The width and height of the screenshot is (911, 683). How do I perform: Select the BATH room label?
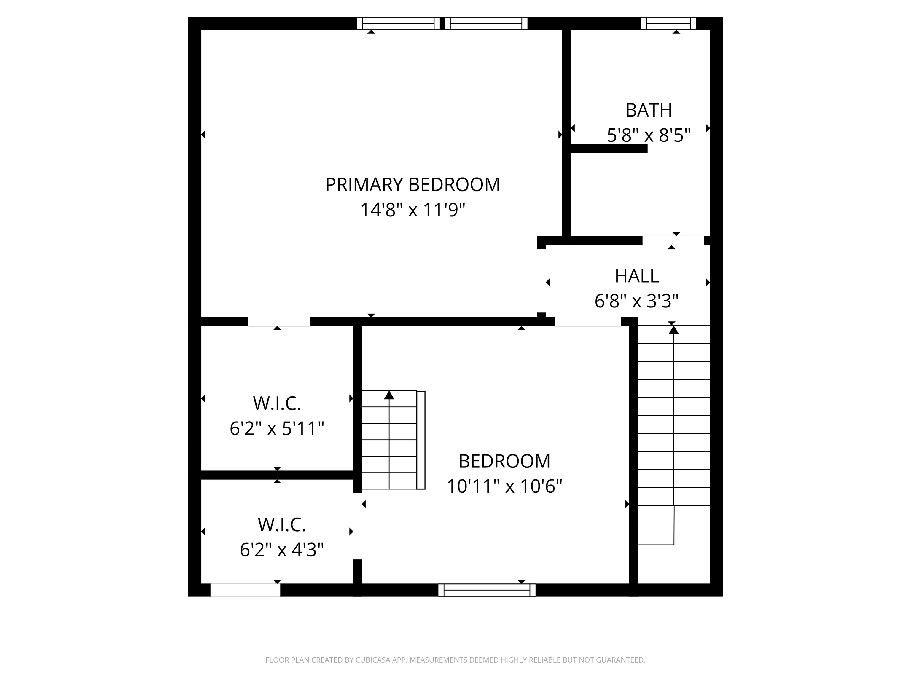[x=649, y=110]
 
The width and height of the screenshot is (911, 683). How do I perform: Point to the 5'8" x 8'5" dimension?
[x=649, y=135]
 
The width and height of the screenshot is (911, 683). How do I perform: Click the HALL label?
[x=637, y=276]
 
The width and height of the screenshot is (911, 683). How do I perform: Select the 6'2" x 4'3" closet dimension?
[x=282, y=550]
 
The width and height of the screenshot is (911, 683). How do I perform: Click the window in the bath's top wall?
[x=668, y=23]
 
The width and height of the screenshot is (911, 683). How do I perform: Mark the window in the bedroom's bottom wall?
[x=487, y=590]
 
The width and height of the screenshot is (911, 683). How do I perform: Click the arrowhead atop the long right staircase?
[x=673, y=330]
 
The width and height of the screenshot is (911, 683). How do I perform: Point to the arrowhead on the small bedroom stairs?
[x=389, y=395]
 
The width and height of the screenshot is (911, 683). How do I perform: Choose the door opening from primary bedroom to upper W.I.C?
[x=279, y=322]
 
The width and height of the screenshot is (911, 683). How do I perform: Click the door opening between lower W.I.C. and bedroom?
[x=357, y=526]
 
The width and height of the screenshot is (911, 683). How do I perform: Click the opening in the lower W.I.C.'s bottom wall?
[x=246, y=590]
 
